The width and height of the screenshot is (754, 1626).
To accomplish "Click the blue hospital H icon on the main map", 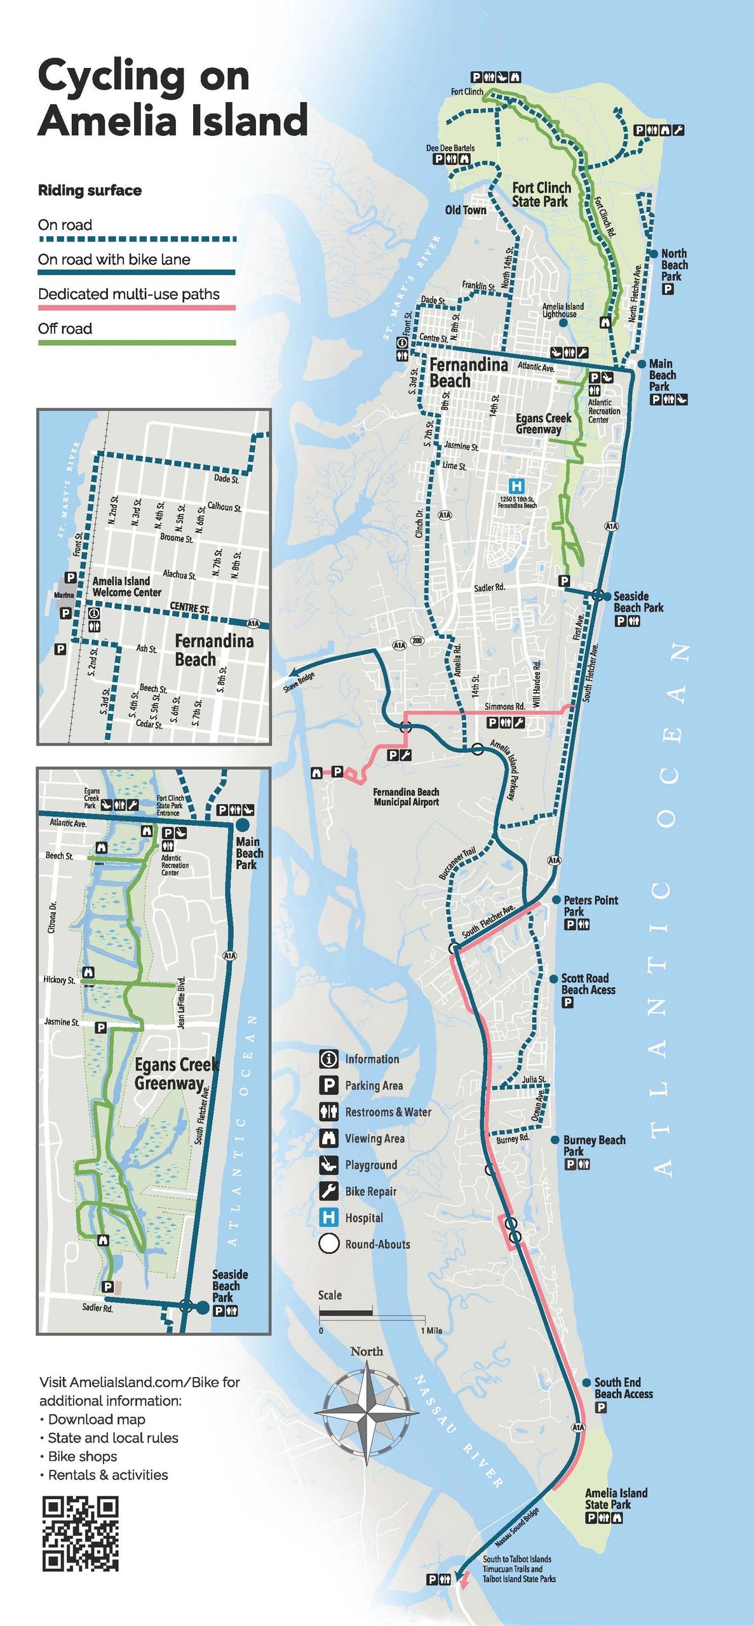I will [x=517, y=486].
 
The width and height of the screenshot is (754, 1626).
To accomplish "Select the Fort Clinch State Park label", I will [x=541, y=194].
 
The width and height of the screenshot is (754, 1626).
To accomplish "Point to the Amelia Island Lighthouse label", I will [x=562, y=310].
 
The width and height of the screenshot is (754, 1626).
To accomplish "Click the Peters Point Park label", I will [x=590, y=905].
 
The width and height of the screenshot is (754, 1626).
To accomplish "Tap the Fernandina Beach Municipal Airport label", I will [x=406, y=796].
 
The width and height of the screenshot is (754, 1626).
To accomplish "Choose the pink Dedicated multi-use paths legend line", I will [x=137, y=307].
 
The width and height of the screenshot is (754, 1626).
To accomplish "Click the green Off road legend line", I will [x=137, y=342].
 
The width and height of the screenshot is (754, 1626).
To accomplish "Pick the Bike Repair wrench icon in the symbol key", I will [x=328, y=1191].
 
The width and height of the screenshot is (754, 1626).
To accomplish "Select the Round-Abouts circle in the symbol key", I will [x=328, y=1244].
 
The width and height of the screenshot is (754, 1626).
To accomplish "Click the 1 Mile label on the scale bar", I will [x=431, y=1330].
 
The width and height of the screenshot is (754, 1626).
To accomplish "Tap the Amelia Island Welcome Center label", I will [x=126, y=586].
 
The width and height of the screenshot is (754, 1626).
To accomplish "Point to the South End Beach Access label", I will [x=623, y=1388].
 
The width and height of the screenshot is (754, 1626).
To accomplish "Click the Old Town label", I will [x=465, y=210].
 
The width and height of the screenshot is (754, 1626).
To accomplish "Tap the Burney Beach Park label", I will [x=593, y=1145].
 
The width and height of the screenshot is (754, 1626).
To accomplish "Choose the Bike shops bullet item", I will [x=83, y=1456].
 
